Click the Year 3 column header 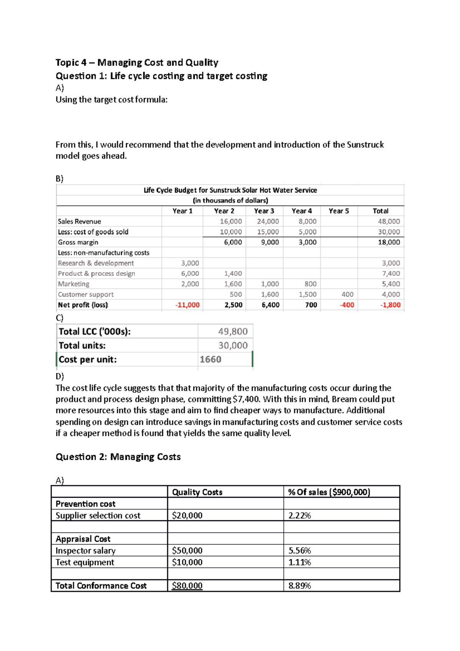click(x=264, y=211)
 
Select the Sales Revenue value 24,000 click(x=268, y=221)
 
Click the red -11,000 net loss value click(x=187, y=305)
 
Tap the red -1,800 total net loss click(x=390, y=305)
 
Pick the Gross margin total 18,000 click(x=389, y=242)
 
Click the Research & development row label click(x=96, y=263)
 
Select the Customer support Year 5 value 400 click(x=347, y=294)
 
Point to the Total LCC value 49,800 click(x=233, y=332)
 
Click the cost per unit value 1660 click(x=210, y=360)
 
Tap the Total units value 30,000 click(x=233, y=345)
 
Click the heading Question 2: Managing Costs click(x=118, y=457)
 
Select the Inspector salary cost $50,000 click(x=187, y=551)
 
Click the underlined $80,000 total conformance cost click(x=187, y=586)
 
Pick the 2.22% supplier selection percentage click(x=299, y=516)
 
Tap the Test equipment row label click(x=85, y=562)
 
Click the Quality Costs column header click(x=197, y=492)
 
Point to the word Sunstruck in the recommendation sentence click(x=365, y=145)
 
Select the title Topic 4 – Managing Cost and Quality click(x=137, y=62)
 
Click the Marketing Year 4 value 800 click(x=310, y=284)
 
